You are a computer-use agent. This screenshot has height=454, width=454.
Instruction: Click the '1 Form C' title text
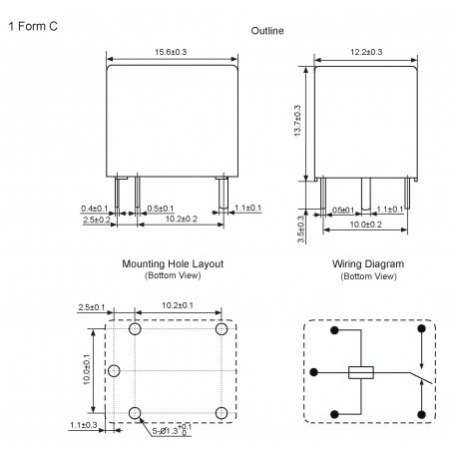(x=33, y=26)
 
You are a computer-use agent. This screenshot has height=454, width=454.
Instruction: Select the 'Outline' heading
(x=267, y=31)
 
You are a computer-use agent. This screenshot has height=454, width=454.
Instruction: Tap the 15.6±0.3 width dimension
(x=171, y=52)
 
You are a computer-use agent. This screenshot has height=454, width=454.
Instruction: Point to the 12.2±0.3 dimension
(x=366, y=52)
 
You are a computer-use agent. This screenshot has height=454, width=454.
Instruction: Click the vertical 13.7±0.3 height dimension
(x=297, y=121)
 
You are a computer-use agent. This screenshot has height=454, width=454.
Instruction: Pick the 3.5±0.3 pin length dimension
(x=300, y=228)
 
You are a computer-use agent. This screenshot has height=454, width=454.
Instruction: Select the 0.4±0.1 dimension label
(x=95, y=209)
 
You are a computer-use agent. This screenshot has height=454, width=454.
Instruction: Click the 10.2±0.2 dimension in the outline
(x=182, y=219)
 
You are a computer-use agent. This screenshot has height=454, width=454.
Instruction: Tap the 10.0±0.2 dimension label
(x=365, y=225)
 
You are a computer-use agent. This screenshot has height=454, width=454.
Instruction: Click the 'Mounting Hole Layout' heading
(x=173, y=264)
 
